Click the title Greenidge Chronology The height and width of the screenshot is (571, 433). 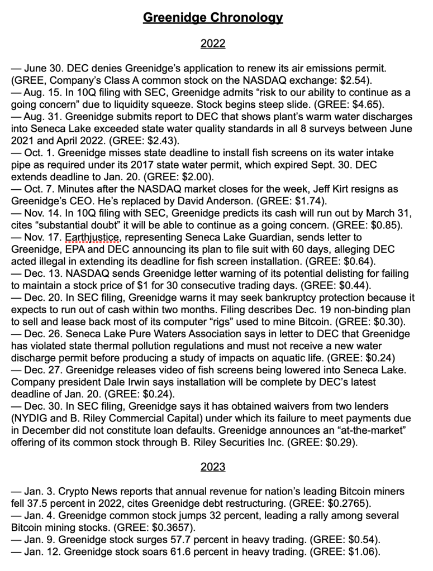[213, 18]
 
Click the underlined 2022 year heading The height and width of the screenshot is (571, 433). [213, 42]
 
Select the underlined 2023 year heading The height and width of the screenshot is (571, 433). [213, 467]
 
